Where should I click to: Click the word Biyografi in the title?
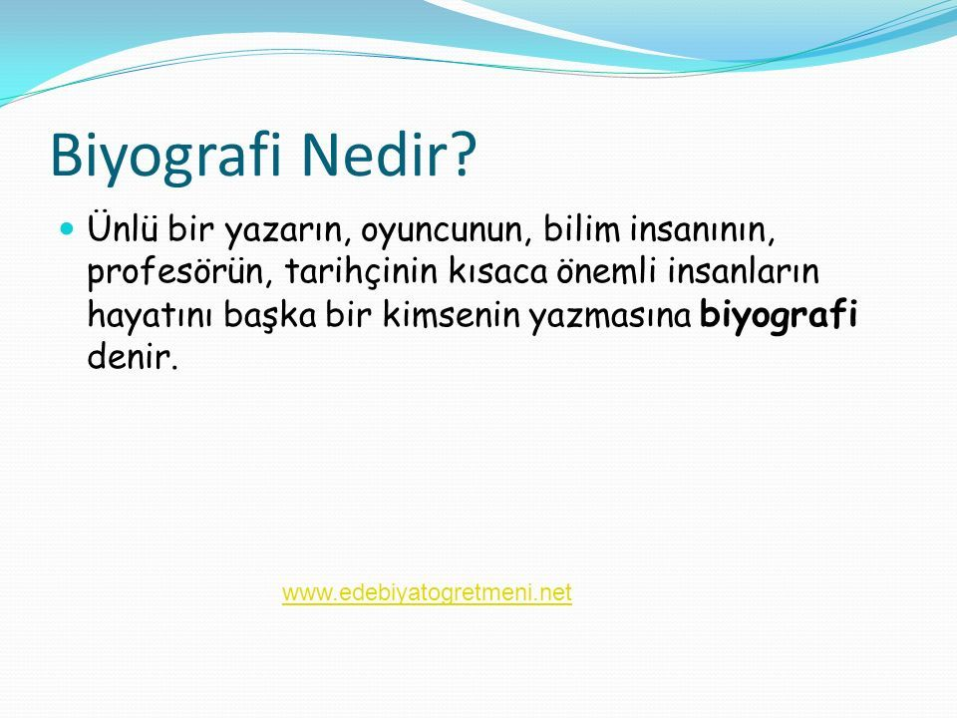point(166,157)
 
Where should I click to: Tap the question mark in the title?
point(461,155)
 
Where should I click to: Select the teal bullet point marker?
point(67,229)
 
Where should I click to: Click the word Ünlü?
point(123,227)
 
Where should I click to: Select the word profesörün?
point(179,272)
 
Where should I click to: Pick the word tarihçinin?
point(361,272)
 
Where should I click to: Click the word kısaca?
point(497,272)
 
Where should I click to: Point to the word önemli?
point(606,271)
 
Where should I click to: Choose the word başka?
point(269,315)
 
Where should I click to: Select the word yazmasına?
point(610,316)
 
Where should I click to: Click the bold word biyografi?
point(779,316)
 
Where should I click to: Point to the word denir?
point(133,356)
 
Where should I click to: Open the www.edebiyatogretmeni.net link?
point(427,592)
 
